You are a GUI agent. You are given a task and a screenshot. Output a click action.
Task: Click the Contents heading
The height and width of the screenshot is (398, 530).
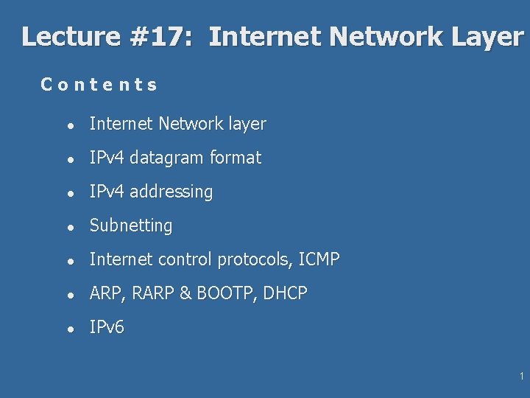[x=99, y=85]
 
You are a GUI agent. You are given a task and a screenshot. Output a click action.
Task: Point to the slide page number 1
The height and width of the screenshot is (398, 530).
[x=521, y=377]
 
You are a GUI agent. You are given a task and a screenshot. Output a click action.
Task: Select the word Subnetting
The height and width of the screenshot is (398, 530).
[x=130, y=226]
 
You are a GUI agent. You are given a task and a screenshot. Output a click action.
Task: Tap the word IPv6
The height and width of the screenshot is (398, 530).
[x=107, y=327]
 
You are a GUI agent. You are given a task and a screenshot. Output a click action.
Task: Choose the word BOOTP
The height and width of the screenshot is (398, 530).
[x=224, y=293]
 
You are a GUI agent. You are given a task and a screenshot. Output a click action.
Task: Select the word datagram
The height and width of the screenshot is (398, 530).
[x=168, y=158]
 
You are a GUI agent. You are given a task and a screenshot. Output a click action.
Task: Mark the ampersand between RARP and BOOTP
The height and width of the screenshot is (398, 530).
[x=184, y=293]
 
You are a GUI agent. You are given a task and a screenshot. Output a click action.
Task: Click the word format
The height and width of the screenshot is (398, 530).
[x=236, y=158]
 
